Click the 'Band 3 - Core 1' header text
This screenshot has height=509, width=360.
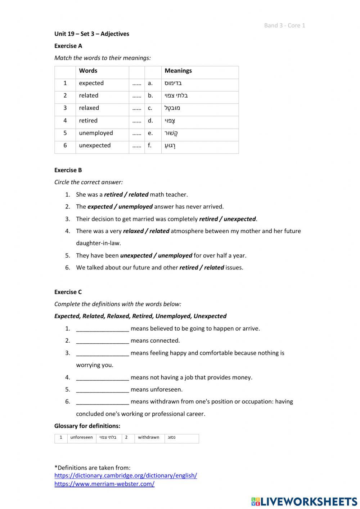tap(284, 25)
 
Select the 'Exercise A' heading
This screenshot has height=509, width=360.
tap(68, 46)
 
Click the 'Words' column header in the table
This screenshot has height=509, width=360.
tap(88, 71)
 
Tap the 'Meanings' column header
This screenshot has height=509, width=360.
tap(178, 71)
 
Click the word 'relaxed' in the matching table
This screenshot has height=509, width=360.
tap(89, 108)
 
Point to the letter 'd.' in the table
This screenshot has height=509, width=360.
tap(150, 120)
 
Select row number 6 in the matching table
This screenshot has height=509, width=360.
tap(65, 145)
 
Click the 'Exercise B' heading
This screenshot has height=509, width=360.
tap(68, 170)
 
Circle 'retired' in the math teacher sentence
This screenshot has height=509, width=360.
tap(113, 195)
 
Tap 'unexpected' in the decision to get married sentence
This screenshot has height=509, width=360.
tap(239, 219)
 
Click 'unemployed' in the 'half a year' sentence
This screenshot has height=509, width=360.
tap(175, 255)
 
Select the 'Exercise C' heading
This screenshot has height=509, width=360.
tap(68, 292)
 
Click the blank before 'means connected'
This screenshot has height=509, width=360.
tap(102, 341)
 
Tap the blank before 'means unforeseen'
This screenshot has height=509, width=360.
tap(102, 389)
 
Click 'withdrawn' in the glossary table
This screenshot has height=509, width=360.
tap(148, 437)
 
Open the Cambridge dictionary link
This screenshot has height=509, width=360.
tap(126, 475)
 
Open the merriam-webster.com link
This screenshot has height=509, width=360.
tap(104, 484)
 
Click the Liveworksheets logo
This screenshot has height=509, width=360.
tap(304, 501)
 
